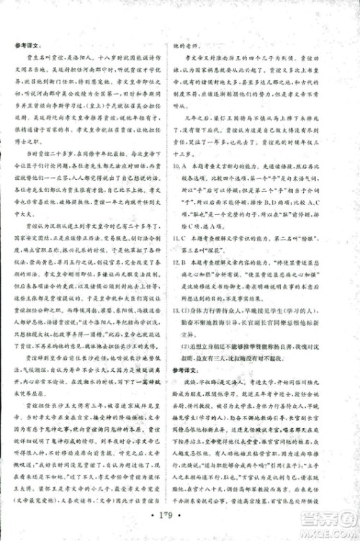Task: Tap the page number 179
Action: click(x=180, y=514)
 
